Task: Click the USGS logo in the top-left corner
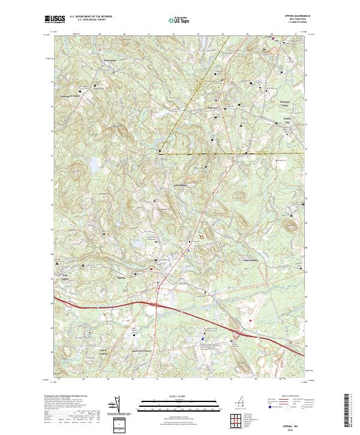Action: [x=55, y=19]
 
